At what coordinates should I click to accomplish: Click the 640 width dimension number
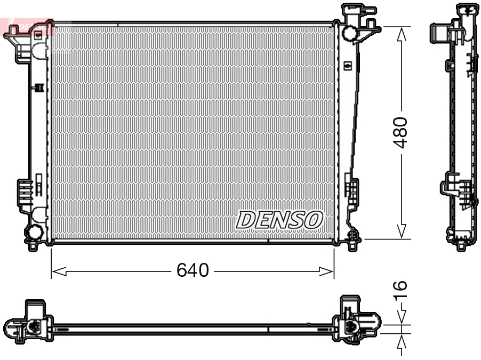[192, 271]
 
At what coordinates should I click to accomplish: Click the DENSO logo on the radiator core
[280, 219]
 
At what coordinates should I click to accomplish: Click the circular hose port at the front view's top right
[351, 33]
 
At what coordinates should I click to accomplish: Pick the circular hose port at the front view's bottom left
[34, 233]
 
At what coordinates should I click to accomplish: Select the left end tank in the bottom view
[29, 323]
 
